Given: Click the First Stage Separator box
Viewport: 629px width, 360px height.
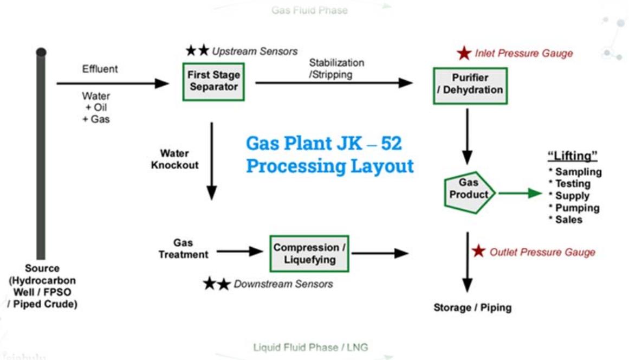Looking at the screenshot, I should tap(213, 81).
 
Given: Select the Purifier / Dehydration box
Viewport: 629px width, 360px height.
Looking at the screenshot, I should tap(470, 85).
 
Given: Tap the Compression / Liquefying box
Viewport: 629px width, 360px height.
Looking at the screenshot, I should tap(309, 253).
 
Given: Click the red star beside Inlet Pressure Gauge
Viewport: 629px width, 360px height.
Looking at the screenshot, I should tap(464, 53).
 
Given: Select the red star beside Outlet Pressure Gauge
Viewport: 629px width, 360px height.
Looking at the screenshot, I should tap(478, 252).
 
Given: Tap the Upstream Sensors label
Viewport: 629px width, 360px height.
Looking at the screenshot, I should tap(255, 52).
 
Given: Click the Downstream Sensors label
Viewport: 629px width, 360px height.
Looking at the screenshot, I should tap(283, 284).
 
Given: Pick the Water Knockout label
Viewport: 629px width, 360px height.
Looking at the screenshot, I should tap(173, 159).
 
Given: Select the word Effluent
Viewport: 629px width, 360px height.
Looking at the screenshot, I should tap(100, 69).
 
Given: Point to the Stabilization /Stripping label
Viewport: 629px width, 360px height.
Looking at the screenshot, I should tap(336, 69).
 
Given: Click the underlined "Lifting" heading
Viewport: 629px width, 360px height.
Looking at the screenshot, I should tap(573, 156).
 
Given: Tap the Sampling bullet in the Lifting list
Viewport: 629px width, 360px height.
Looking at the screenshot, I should tap(575, 172).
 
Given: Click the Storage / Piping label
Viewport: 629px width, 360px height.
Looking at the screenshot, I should tap(472, 308).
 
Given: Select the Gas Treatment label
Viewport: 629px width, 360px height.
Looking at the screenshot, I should tap(183, 248).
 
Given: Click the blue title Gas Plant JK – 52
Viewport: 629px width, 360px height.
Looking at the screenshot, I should tap(324, 143).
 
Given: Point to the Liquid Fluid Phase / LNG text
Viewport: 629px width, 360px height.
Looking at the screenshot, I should tap(310, 347).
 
